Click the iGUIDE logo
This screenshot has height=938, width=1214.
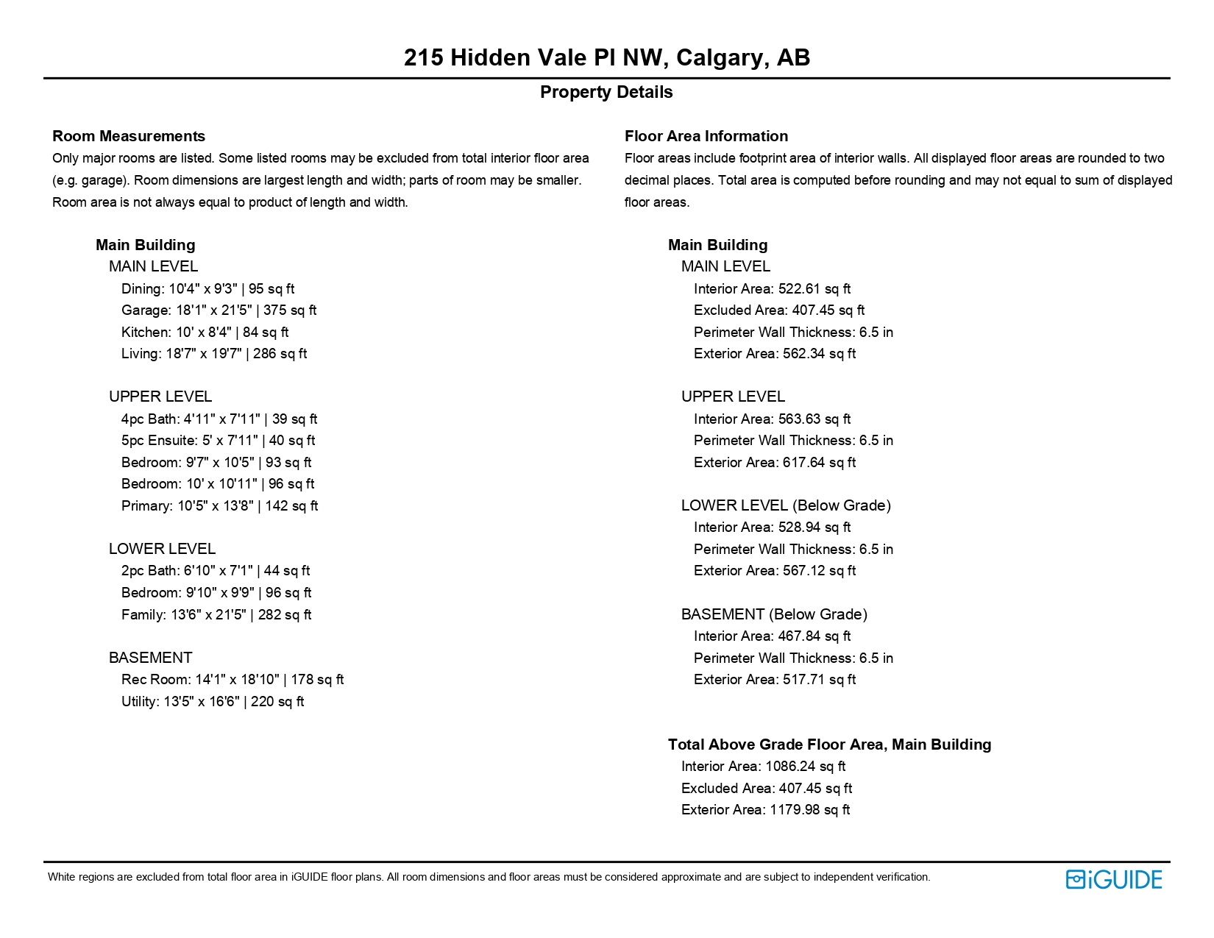[x=1114, y=879]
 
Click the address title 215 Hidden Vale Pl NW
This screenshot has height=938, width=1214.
[x=606, y=57]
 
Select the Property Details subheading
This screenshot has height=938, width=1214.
[x=606, y=92]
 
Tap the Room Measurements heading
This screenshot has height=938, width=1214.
[x=129, y=136]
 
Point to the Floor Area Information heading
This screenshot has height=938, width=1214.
[x=706, y=136]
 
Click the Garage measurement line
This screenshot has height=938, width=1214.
[x=219, y=310]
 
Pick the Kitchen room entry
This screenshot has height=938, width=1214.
[x=205, y=333]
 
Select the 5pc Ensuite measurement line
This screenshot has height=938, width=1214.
[x=218, y=441]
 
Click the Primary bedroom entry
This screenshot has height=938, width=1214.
[x=219, y=506]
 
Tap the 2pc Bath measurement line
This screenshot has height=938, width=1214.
[x=216, y=571]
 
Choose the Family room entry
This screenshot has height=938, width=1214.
[x=216, y=614]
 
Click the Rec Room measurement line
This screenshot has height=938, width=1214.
[x=232, y=680]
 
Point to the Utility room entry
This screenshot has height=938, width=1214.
[x=213, y=702]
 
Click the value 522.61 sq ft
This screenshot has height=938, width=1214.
[x=814, y=289]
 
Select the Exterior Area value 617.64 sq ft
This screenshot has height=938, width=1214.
[x=819, y=463]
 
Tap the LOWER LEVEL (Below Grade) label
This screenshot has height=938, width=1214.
[x=786, y=505]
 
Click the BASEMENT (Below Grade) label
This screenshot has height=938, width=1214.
[x=774, y=614]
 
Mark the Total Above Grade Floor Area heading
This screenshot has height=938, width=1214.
[x=829, y=745]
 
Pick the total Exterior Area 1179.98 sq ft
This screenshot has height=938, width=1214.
[x=809, y=810]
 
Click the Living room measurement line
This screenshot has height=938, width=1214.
[x=214, y=354]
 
